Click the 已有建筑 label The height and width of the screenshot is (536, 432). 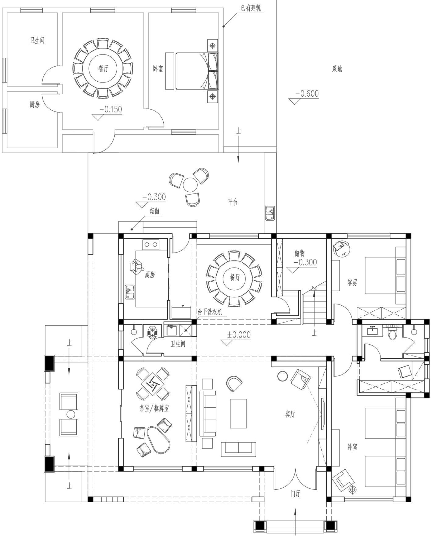(x=251, y=8)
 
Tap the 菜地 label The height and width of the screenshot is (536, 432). (x=337, y=69)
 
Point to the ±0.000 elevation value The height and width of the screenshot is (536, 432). (x=239, y=335)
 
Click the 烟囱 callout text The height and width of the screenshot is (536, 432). (x=155, y=211)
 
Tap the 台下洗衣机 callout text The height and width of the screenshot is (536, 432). (x=210, y=312)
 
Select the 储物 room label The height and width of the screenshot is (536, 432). (x=300, y=253)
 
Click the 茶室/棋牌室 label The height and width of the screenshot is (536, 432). (x=154, y=408)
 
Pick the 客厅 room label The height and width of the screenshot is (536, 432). (x=290, y=414)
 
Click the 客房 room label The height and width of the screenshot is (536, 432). (x=352, y=282)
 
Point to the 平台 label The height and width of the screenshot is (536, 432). (x=233, y=202)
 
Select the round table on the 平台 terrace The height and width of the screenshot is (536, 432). (x=190, y=185)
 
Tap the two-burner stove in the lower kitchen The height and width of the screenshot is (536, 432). (x=151, y=245)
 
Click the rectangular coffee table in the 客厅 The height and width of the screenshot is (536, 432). (x=238, y=413)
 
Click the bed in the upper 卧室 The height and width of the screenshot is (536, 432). (x=192, y=71)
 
